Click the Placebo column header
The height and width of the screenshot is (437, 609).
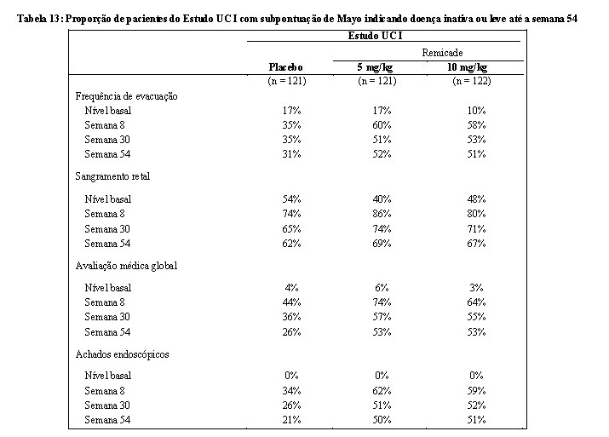(285, 67)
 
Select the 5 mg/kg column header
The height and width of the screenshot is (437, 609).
(375, 67)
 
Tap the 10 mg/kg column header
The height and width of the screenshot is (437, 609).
(468, 67)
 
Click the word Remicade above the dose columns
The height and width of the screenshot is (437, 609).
(442, 53)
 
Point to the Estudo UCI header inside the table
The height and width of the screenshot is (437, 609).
(375, 36)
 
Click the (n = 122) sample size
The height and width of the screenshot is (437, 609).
(472, 81)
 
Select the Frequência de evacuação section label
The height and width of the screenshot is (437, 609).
(126, 96)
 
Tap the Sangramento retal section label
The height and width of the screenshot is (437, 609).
(112, 176)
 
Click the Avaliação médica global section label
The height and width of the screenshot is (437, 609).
(126, 266)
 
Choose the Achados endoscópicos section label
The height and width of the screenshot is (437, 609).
(122, 354)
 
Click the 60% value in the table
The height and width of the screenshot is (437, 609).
(382, 125)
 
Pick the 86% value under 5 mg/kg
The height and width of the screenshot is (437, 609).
(382, 214)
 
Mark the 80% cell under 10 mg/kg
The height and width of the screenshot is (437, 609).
(476, 214)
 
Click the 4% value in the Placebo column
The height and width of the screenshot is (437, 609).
(291, 288)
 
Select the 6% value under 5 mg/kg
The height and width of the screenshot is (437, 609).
(382, 288)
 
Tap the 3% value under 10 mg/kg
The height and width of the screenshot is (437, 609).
(476, 288)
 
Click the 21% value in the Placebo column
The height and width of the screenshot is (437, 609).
(291, 420)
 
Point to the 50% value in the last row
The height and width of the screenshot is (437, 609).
(382, 420)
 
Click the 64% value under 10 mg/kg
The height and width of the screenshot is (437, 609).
(476, 302)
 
